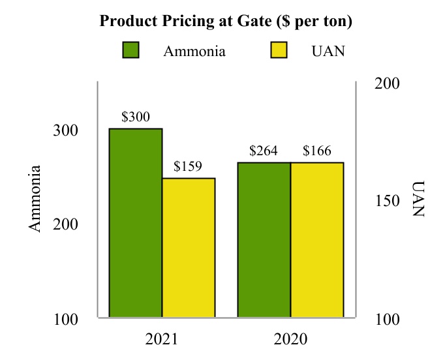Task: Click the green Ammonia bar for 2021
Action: tap(135, 223)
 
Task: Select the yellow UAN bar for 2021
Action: tap(189, 248)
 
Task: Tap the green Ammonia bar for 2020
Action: tap(264, 240)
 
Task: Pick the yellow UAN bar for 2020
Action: tap(317, 240)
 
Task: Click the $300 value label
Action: tap(136, 117)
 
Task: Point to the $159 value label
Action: tap(189, 167)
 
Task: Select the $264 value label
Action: tap(264, 151)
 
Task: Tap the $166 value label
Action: tap(317, 151)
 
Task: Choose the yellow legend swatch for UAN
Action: tap(279, 50)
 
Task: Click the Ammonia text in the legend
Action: tap(194, 51)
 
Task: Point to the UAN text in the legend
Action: tap(328, 51)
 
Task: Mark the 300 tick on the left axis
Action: tap(65, 130)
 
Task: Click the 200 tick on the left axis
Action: tap(65, 225)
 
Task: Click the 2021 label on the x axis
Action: tap(161, 340)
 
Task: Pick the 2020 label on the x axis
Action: tap(290, 340)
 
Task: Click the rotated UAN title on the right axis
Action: tap(418, 198)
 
